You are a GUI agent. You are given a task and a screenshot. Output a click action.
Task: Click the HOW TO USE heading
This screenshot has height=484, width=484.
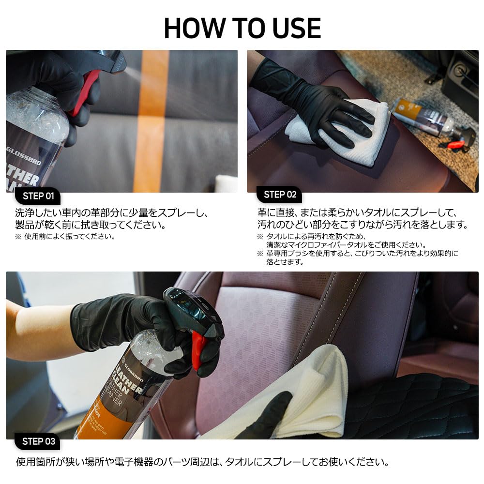(242, 28)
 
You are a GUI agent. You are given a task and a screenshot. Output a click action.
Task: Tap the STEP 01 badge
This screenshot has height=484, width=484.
(38, 196)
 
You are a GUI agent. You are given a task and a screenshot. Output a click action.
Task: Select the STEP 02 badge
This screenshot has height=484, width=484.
(280, 195)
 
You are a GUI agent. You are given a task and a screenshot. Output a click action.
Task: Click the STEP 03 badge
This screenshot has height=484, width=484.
(38, 441)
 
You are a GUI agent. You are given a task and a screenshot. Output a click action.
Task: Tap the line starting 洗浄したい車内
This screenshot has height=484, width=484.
(111, 212)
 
